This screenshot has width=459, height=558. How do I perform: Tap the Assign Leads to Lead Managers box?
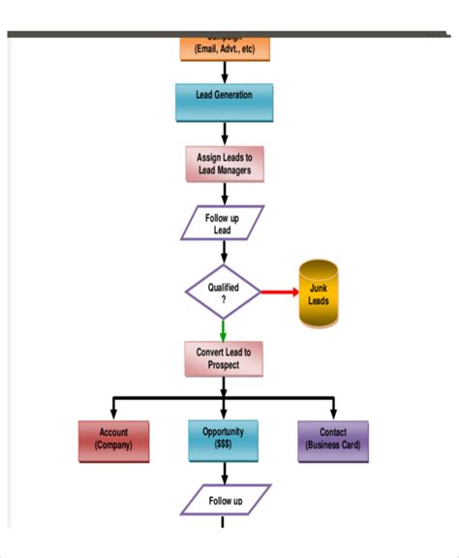click(224, 163)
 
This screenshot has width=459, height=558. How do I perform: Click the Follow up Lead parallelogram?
click(223, 224)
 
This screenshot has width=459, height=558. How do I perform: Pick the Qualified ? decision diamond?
click(224, 292)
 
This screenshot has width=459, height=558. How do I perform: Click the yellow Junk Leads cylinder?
click(319, 294)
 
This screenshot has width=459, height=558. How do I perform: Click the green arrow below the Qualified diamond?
click(224, 329)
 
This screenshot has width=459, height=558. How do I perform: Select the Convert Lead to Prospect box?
click(224, 358)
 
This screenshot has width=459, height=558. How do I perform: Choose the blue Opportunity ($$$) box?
click(224, 440)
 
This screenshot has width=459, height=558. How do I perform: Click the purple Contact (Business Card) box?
click(333, 440)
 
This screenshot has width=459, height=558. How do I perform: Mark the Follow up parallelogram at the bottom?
click(225, 501)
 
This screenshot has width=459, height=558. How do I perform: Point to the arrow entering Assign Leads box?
click(225, 134)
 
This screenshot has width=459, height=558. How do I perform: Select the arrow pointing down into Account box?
click(113, 407)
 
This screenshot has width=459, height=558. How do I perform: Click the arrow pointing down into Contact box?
click(334, 407)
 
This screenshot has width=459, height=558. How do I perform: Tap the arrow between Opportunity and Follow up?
click(225, 473)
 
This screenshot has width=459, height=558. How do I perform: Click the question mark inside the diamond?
click(224, 299)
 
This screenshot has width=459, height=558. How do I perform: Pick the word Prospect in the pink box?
click(224, 365)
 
